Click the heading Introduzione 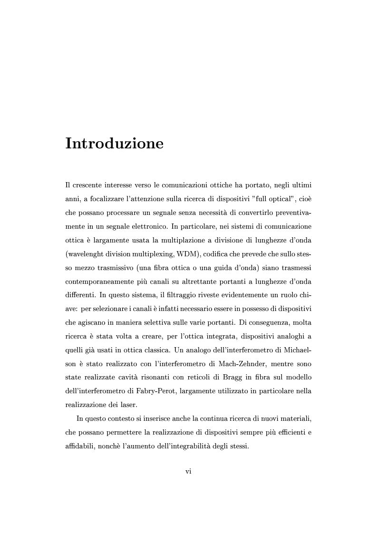(x=114, y=143)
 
